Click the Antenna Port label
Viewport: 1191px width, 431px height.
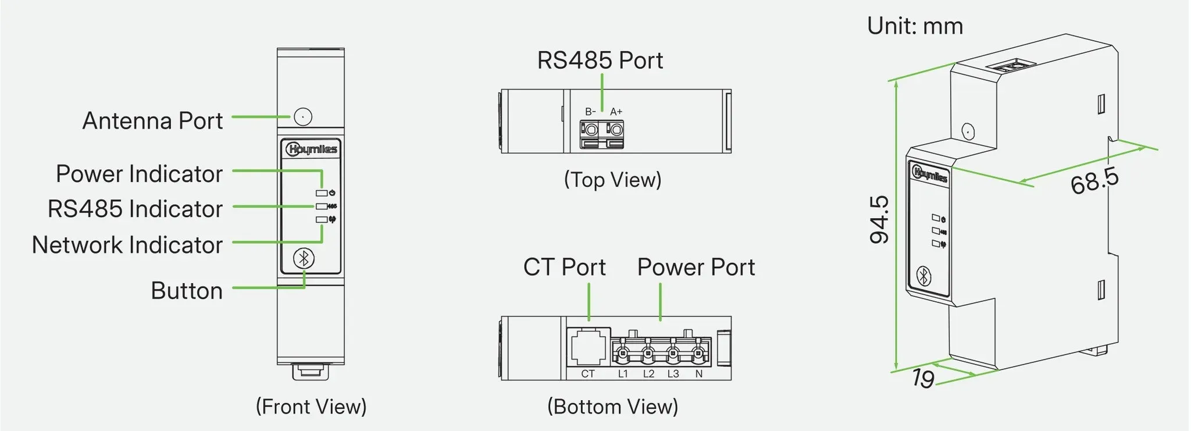click(152, 120)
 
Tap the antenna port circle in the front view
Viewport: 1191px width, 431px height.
click(303, 116)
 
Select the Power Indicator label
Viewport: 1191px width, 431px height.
click(139, 173)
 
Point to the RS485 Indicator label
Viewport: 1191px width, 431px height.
click(135, 209)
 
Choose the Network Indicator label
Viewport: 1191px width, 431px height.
click(127, 245)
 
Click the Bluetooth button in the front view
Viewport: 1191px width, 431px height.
click(304, 258)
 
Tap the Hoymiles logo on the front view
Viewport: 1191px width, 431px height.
click(311, 149)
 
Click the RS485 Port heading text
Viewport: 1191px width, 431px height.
click(600, 60)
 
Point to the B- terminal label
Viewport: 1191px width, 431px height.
click(590, 112)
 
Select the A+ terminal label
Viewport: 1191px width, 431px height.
click(616, 112)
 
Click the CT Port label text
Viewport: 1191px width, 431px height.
click(564, 267)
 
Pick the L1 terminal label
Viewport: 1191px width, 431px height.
click(623, 374)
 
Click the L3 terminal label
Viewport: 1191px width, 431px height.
click(673, 374)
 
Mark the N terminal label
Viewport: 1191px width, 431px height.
click(699, 374)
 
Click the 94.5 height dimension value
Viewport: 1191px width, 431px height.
click(879, 219)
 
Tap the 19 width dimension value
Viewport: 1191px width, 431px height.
click(923, 378)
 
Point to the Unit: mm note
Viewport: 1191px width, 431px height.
click(915, 26)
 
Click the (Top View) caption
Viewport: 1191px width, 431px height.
click(613, 180)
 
